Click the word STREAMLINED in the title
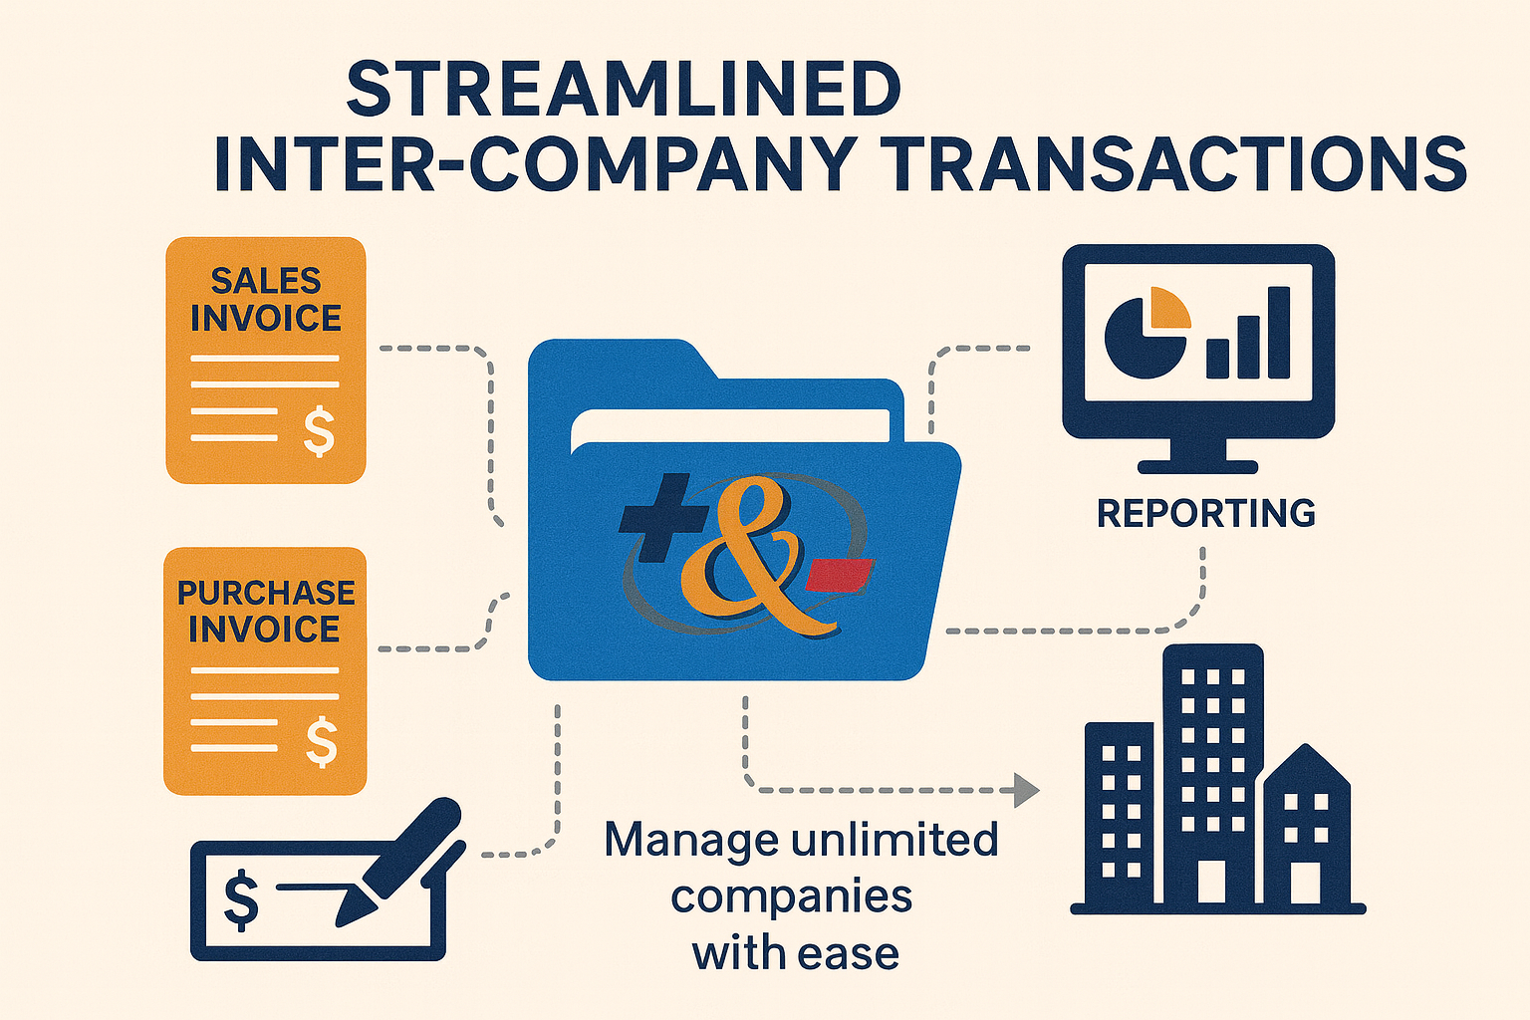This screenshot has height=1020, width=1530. pos(624,90)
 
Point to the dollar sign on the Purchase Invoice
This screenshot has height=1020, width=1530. pos(321,743)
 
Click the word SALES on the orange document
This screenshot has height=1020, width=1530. pos(265,281)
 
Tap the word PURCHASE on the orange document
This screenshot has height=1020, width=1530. pos(266,593)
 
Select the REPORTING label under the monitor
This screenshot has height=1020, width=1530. pos(1205,513)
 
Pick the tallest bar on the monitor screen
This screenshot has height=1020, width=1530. pos(1279,333)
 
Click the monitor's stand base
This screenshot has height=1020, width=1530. pos(1197,465)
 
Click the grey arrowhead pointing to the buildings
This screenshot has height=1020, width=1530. pos(1025,790)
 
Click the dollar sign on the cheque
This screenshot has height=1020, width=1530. pos(241,898)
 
